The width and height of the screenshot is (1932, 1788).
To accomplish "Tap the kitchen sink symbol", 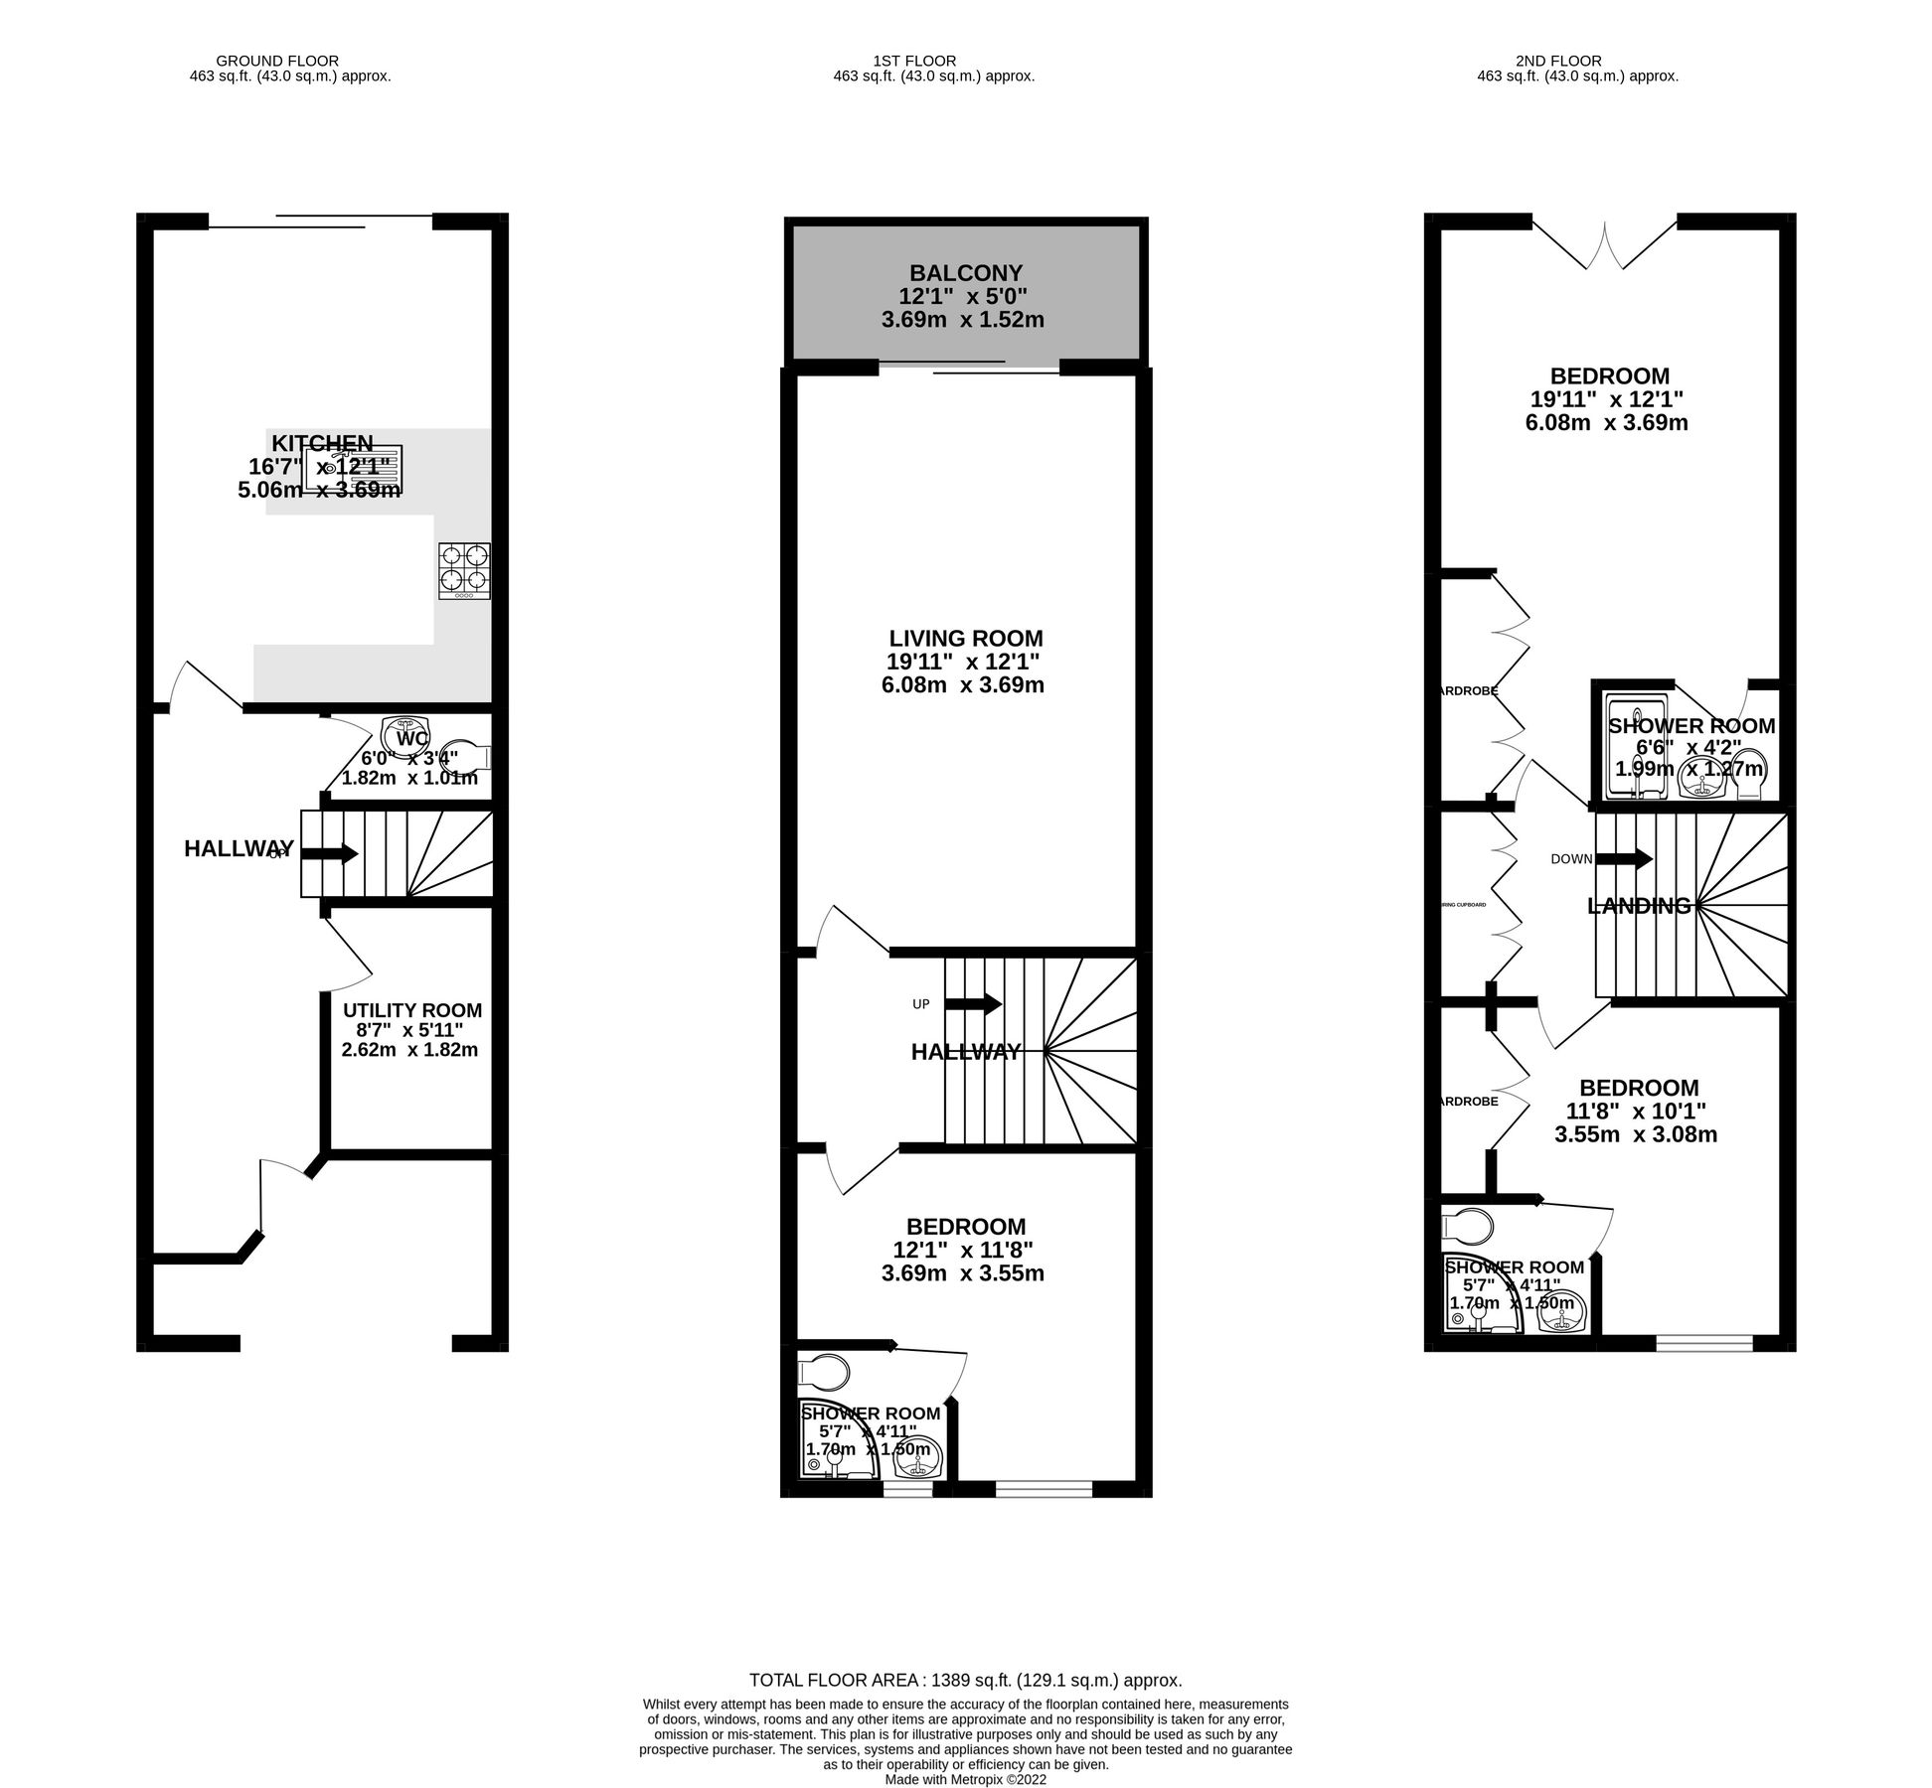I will coord(353,471).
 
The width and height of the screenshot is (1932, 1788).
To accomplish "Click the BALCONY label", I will coord(965,272).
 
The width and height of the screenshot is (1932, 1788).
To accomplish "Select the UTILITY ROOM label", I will coord(411,1010).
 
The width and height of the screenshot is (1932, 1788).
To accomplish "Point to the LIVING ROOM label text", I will coord(965,639).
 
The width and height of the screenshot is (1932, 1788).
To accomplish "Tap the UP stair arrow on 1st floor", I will coord(973,1004).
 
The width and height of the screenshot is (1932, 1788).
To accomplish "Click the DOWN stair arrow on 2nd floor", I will coord(1624,858).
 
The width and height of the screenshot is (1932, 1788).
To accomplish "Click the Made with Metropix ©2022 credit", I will coord(965,1780).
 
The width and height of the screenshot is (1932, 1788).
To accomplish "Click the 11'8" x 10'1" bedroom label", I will coord(1639,1111).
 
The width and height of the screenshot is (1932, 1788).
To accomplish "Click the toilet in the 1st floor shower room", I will coord(824,1373).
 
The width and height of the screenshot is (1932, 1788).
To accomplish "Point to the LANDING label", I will coord(1639,906).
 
